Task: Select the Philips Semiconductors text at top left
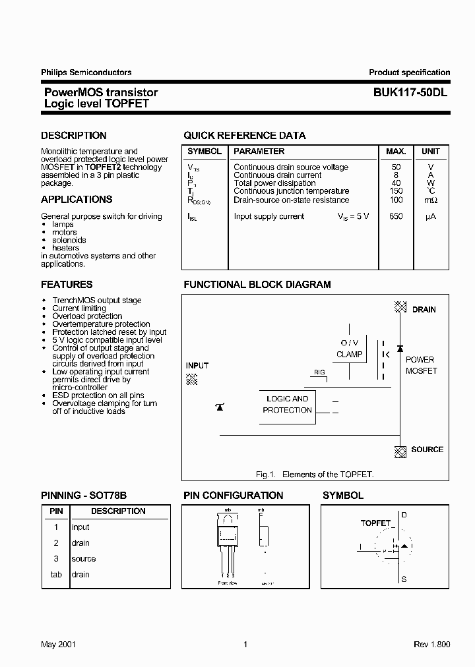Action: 86,72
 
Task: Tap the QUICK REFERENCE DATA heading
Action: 244,136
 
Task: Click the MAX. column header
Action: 396,152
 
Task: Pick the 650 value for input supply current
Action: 396,216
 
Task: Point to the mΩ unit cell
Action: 430,200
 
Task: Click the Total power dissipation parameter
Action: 274,183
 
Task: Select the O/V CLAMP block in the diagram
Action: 349,349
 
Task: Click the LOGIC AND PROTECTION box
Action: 287,405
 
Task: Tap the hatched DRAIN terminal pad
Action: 400,307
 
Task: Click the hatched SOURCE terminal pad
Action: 400,451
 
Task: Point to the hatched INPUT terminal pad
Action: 192,378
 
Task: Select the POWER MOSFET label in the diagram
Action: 420,365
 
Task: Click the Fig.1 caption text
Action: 315,475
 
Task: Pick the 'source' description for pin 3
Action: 84,559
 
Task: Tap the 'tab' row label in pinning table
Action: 56,575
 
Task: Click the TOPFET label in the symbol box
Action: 375,523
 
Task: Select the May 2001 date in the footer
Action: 58,645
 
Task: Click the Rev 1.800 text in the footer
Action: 431,645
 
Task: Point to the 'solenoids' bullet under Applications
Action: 69,241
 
